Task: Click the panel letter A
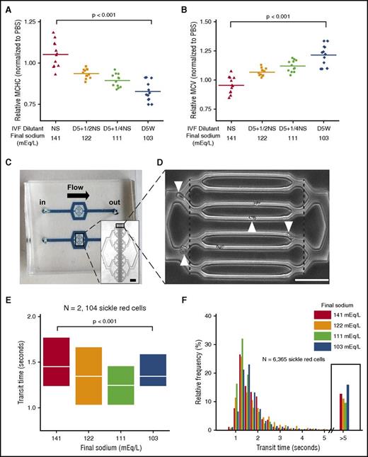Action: [x=6, y=6]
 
